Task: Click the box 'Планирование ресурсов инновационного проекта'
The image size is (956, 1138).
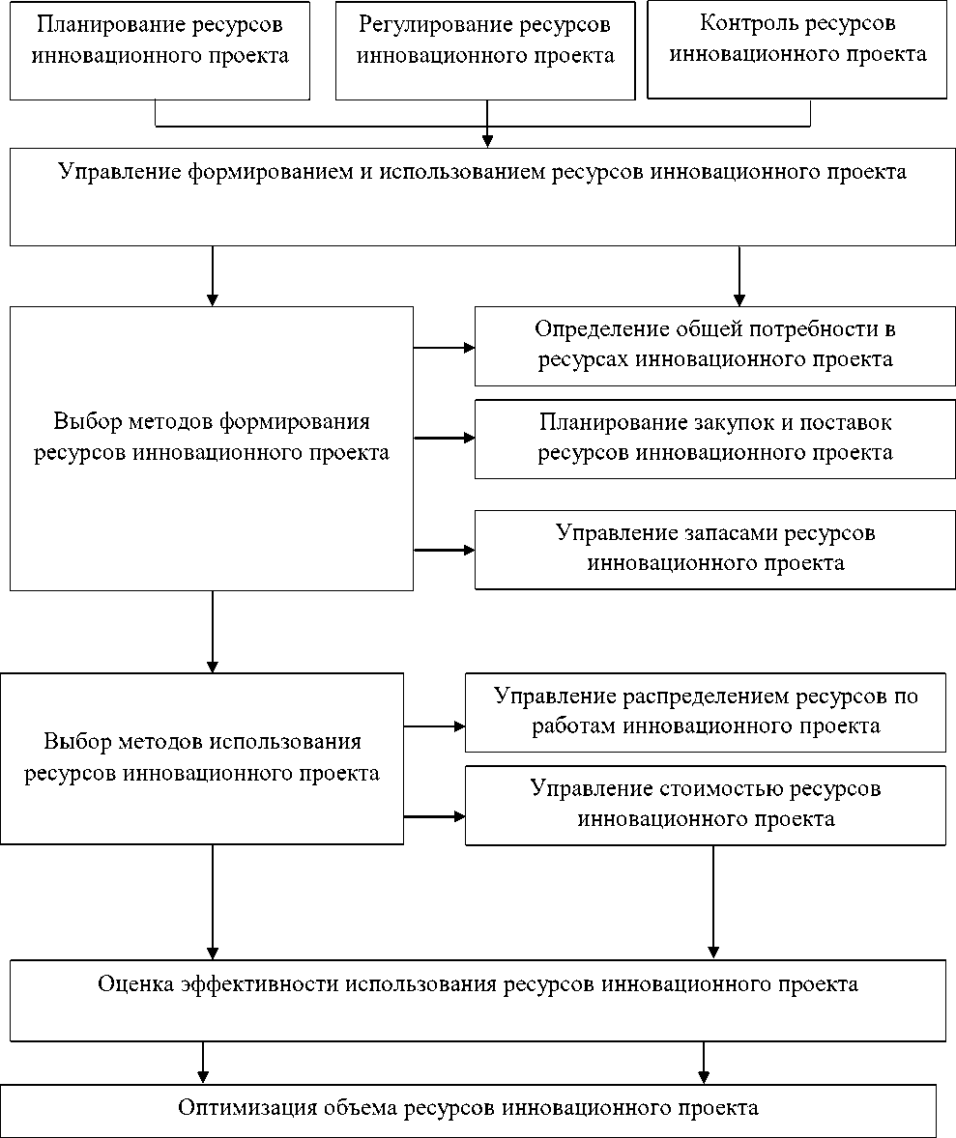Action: coord(159,50)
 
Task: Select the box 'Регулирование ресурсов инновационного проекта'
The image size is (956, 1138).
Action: coord(485,50)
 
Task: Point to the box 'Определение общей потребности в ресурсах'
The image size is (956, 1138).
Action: coord(714,345)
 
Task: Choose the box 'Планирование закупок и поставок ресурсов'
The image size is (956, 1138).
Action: coord(714,438)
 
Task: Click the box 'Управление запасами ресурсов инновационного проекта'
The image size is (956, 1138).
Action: coord(714,549)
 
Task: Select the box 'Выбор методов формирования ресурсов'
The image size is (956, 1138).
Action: coord(212,448)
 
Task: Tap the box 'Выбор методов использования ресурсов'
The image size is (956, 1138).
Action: coord(202,758)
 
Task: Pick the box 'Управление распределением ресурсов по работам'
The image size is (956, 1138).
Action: coord(706,712)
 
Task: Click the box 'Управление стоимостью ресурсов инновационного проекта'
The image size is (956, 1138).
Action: coord(706,805)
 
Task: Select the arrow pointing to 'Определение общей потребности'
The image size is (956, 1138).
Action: coord(444,348)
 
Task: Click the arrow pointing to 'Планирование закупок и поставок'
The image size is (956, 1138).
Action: coord(444,438)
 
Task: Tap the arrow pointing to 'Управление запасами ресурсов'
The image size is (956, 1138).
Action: coord(444,550)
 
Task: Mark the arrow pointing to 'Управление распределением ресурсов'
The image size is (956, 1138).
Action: coord(434,725)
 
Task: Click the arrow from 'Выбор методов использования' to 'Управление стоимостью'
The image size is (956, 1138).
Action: coord(434,816)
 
